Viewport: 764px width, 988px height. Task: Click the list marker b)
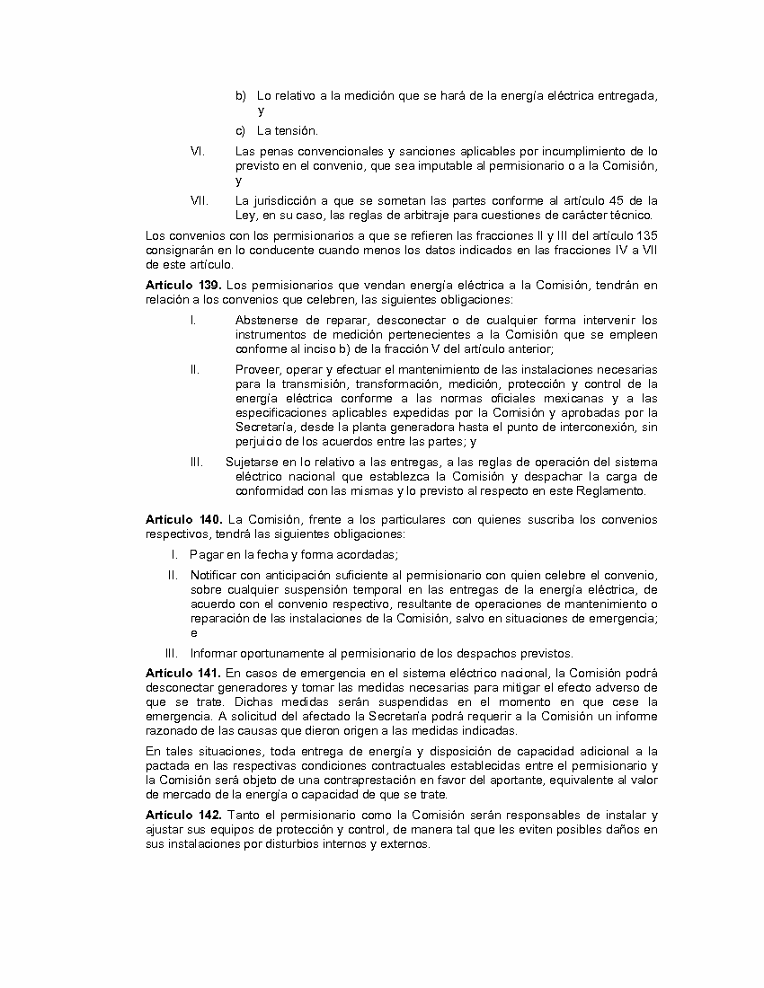click(x=241, y=95)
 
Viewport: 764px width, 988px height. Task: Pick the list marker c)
click(x=241, y=131)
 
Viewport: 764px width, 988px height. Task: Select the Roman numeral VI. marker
click(x=199, y=151)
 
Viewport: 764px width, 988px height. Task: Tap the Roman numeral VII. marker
click(x=200, y=200)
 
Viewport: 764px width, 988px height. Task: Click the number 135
click(x=646, y=236)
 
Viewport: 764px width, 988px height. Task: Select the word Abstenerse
click(x=270, y=320)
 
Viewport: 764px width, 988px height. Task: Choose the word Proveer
click(x=257, y=369)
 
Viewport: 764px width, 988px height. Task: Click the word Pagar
click(x=205, y=554)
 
